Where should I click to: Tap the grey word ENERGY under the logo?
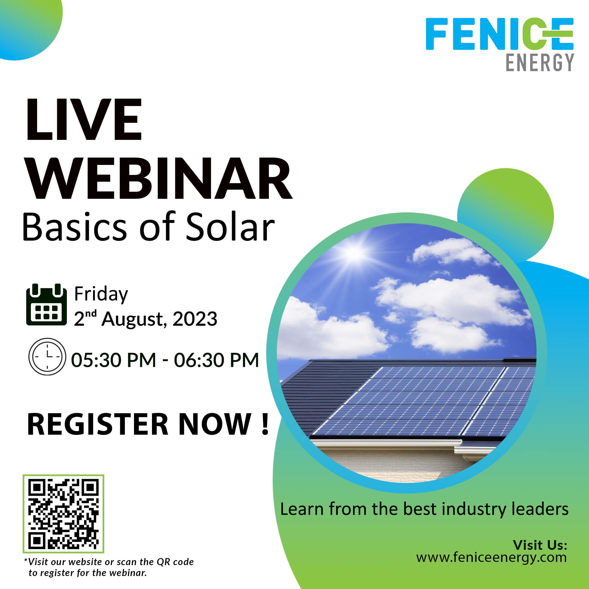tap(540, 62)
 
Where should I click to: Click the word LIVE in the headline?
tap(84, 120)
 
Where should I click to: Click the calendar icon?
tap(46, 305)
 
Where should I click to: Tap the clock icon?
tap(47, 356)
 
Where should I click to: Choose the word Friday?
tap(101, 294)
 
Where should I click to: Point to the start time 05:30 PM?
tap(113, 360)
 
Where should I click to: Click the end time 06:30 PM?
tap(216, 360)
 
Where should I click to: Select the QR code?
tap(63, 514)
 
